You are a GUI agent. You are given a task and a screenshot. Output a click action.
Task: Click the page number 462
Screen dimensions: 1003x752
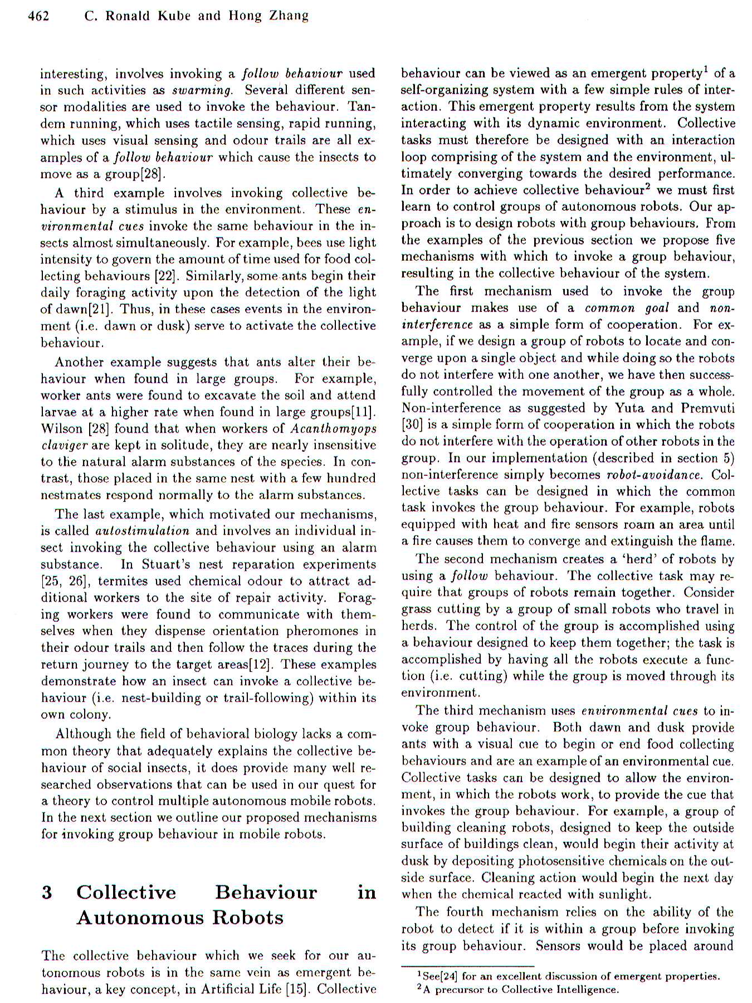(38, 16)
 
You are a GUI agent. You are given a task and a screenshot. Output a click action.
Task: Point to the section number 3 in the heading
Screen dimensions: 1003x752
(47, 892)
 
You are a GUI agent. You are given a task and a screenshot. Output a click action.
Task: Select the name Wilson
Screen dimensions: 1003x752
(57, 429)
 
